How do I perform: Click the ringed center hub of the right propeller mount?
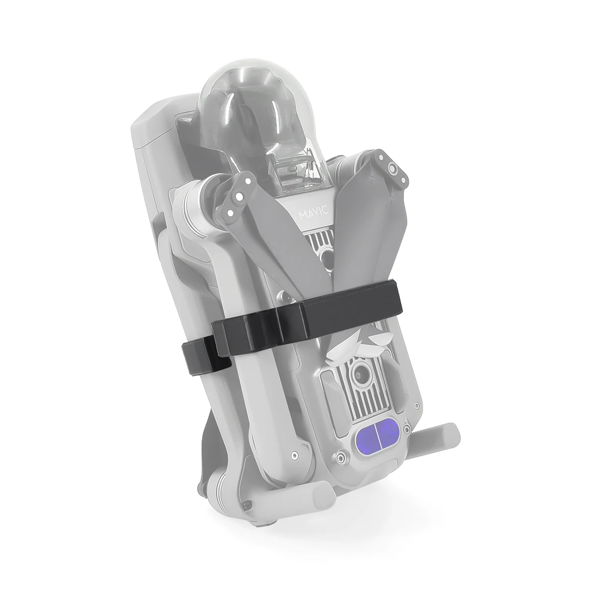pyautogui.click(x=393, y=168)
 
